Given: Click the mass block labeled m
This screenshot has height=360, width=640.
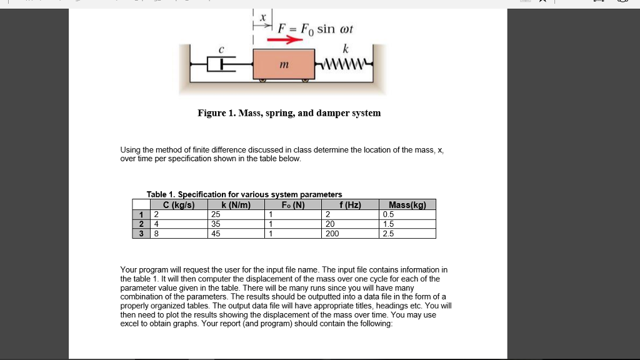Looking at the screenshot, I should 283,64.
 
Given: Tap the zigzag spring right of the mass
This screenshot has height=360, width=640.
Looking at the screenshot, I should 345,63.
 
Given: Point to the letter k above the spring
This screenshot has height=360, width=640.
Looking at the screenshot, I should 346,48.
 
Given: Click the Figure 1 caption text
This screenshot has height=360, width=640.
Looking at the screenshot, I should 289,113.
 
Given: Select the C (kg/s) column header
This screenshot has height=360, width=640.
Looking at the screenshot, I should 179,204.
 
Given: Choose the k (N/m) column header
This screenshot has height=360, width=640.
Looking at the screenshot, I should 236,204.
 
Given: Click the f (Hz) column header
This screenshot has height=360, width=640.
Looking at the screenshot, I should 350,204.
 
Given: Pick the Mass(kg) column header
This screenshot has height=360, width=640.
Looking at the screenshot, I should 407,204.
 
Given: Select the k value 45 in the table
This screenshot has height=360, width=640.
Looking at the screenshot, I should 216,234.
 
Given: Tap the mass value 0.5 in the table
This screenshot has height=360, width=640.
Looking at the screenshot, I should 388,214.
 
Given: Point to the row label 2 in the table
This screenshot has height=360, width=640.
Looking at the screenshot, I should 141,224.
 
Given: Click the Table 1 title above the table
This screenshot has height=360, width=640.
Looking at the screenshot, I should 244,194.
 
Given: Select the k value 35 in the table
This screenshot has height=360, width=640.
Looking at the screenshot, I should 216,224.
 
